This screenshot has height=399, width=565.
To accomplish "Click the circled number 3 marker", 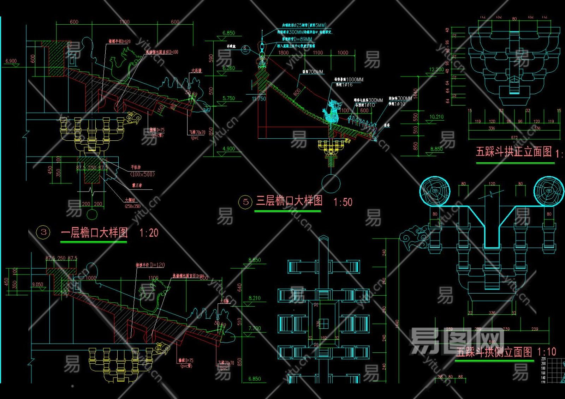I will [43, 232].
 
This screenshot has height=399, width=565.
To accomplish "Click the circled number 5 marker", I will [246, 202].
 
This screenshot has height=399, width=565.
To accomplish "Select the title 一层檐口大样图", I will [94, 233].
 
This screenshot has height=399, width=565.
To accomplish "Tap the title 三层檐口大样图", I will [289, 201].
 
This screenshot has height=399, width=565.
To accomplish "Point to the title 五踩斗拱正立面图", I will [514, 152].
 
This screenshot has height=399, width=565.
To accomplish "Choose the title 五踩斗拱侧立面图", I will [494, 352].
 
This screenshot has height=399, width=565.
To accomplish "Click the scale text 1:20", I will [149, 233].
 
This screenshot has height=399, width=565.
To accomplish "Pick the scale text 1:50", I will [343, 202].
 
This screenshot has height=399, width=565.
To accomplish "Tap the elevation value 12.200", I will [436, 69].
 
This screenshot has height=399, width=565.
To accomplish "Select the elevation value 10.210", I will [436, 117].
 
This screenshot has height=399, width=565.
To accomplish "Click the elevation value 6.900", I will [11, 61].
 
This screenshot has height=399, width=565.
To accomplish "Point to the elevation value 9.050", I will [37, 284].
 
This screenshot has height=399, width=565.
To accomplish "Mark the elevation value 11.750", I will [259, 99].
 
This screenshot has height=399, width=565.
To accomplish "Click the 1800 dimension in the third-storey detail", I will [283, 53].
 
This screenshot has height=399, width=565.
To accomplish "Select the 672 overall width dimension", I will [514, 137].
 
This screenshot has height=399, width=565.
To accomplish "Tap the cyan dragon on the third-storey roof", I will [332, 111].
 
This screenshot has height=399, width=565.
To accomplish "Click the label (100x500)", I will [142, 174].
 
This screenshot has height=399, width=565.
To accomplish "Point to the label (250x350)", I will [132, 206].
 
